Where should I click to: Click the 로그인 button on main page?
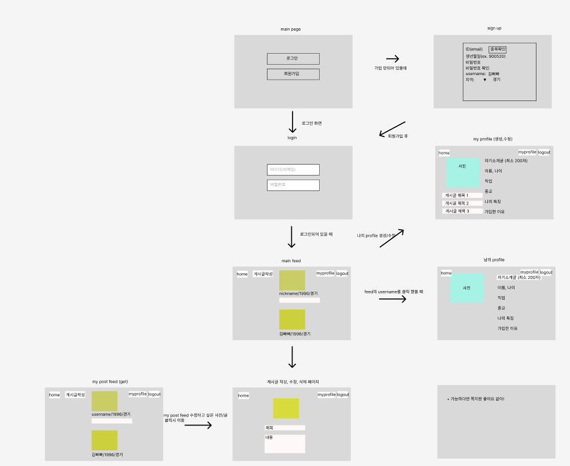(x=293, y=58)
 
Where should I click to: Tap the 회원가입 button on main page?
(x=293, y=74)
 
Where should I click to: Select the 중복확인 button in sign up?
(x=498, y=49)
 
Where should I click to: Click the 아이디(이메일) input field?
(x=293, y=169)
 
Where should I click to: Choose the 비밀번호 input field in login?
(x=293, y=185)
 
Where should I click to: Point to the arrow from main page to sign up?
(x=393, y=58)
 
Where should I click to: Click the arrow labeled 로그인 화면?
(x=293, y=122)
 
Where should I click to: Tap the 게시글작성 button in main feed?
(x=262, y=274)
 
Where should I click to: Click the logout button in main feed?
(x=342, y=273)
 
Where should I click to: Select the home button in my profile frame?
(x=444, y=153)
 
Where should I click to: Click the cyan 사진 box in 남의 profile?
(x=467, y=288)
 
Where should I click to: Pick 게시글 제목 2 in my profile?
(x=462, y=203)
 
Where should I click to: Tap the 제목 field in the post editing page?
(x=284, y=428)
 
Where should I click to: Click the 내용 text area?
(x=284, y=443)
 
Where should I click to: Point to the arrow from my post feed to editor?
(x=198, y=425)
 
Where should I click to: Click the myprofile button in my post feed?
(x=138, y=394)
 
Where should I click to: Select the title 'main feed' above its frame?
(x=291, y=260)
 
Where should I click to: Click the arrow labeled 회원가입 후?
(x=393, y=129)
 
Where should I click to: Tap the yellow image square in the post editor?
(x=286, y=408)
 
